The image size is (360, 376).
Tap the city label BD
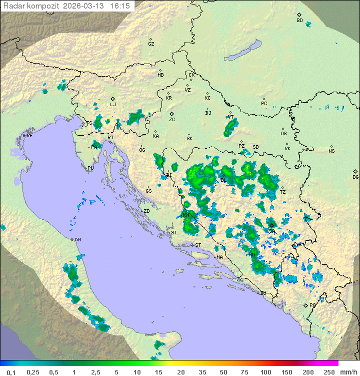[x=299, y=21]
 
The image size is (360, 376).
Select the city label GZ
[x=151, y=44]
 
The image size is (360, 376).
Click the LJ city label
[x=113, y=105]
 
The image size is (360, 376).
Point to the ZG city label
[x=172, y=120]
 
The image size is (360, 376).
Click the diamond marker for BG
[x=355, y=171]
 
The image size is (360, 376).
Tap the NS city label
[x=331, y=151]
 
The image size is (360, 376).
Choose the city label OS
[x=283, y=134]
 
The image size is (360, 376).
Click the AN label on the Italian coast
[x=78, y=240]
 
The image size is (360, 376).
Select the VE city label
[x=29, y=136]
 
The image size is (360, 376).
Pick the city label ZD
[x=146, y=211]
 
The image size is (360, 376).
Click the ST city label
[x=198, y=245]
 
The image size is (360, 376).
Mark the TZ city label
[x=282, y=192]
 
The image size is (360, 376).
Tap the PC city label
[x=264, y=104]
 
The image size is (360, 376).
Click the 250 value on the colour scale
[x=328, y=372]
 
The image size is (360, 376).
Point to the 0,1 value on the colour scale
[x=11, y=372]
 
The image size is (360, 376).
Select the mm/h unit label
[x=347, y=372]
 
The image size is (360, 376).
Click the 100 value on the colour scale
[x=265, y=372]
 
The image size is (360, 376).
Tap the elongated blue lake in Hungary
[x=243, y=51]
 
